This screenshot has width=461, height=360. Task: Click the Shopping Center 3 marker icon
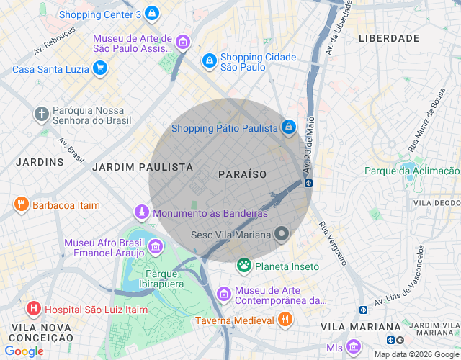pyautogui.click(x=151, y=14)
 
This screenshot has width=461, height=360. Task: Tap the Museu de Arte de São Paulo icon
pyautogui.click(x=183, y=42)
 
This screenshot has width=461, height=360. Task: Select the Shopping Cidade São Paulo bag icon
pyautogui.click(x=209, y=61)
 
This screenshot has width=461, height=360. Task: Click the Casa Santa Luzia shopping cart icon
pyautogui.click(x=100, y=69)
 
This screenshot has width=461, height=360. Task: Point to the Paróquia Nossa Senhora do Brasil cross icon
pyautogui.click(x=42, y=114)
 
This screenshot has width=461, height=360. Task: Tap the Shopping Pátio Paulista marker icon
pyautogui.click(x=288, y=127)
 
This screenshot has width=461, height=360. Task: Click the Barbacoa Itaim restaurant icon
pyautogui.click(x=21, y=205)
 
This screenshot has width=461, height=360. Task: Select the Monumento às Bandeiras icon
pyautogui.click(x=143, y=212)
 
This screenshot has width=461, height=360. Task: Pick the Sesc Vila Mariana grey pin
pyautogui.click(x=282, y=234)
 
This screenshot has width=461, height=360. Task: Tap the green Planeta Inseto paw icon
pyautogui.click(x=244, y=266)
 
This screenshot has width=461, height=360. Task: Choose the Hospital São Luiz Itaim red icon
pyautogui.click(x=33, y=310)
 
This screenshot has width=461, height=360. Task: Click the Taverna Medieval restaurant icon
pyautogui.click(x=285, y=319)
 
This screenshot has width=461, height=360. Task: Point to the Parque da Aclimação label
pyautogui.click(x=411, y=171)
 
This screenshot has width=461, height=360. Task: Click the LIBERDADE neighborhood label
pyautogui.click(x=388, y=37)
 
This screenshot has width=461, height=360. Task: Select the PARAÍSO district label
pyautogui.click(x=242, y=174)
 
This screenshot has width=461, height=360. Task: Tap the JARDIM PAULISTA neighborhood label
pyautogui.click(x=143, y=166)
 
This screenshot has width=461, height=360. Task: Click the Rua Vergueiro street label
pyautogui.click(x=333, y=243)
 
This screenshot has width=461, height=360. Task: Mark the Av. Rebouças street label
pyautogui.click(x=54, y=43)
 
